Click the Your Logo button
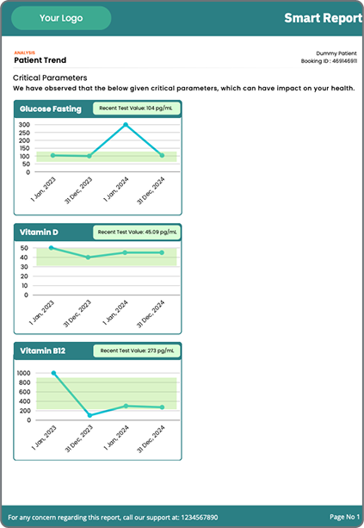[61, 18]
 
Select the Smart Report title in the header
[323, 17]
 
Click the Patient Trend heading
[40, 60]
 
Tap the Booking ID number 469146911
[339, 62]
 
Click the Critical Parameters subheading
[49, 78]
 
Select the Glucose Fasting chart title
[51, 109]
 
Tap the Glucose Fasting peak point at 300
[126, 125]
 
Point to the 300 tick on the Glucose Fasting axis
[23, 125]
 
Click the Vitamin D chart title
[39, 232]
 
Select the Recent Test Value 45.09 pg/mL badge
[137, 232]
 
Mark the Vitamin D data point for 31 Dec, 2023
[89, 257]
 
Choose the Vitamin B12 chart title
[42, 351]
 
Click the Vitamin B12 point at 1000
[53, 373]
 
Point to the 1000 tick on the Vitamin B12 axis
[22, 373]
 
